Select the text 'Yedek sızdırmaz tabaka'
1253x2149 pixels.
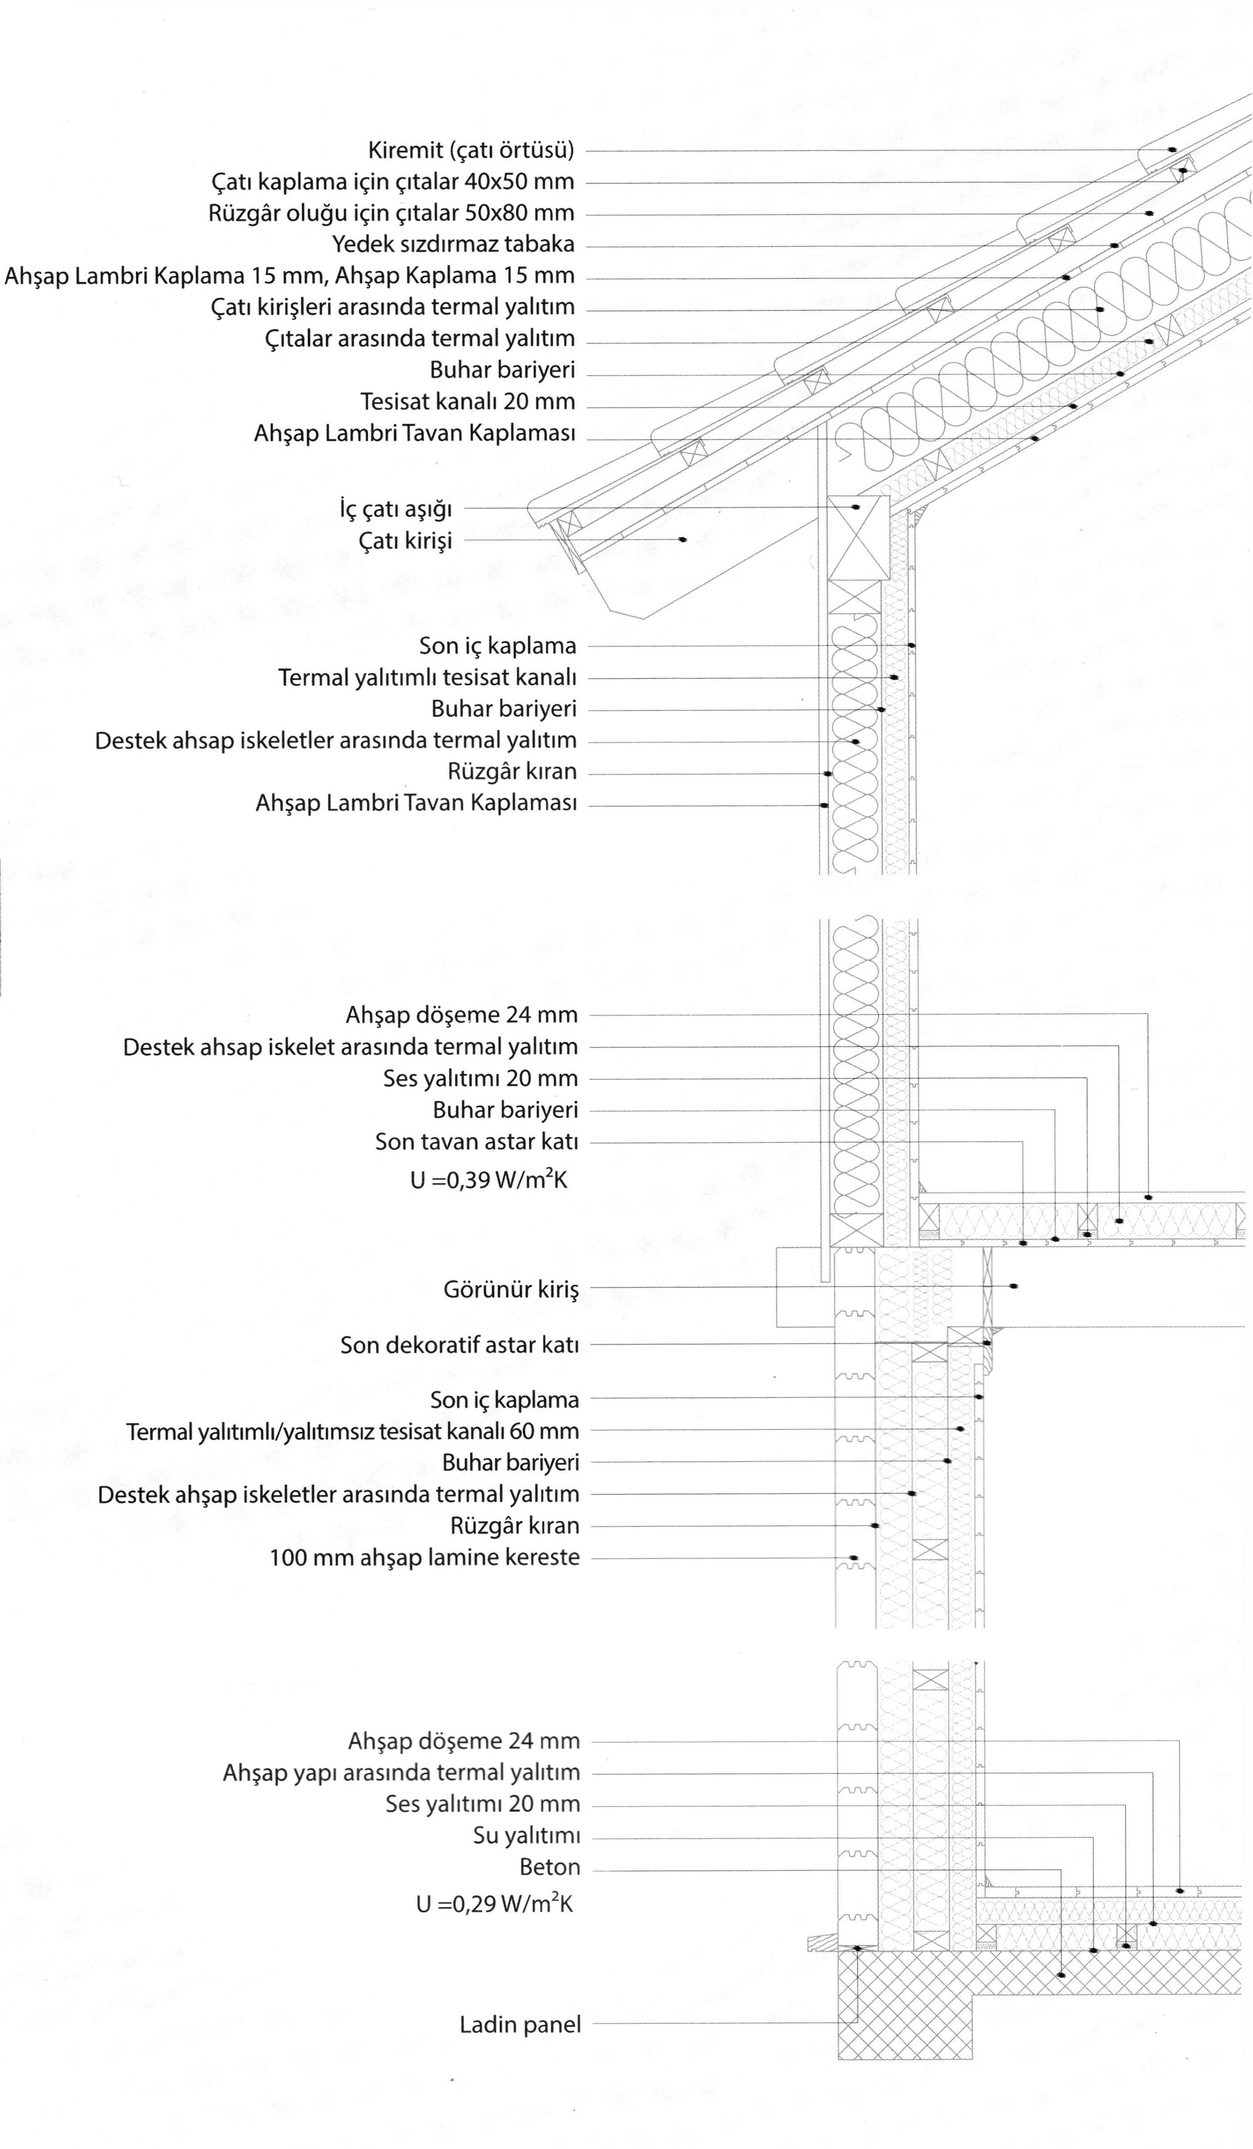click(453, 245)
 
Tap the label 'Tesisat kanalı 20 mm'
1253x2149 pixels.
click(468, 401)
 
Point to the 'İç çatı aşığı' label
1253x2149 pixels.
click(395, 509)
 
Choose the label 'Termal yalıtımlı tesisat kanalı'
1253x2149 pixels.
click(427, 678)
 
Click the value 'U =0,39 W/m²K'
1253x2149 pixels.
click(488, 1180)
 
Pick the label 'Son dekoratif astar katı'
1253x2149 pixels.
click(459, 1345)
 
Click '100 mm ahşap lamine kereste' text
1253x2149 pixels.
click(424, 1557)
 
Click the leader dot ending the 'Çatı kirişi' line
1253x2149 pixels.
click(682, 540)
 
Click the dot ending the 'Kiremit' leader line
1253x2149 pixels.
click(1172, 150)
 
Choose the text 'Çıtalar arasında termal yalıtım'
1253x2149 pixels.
click(419, 339)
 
